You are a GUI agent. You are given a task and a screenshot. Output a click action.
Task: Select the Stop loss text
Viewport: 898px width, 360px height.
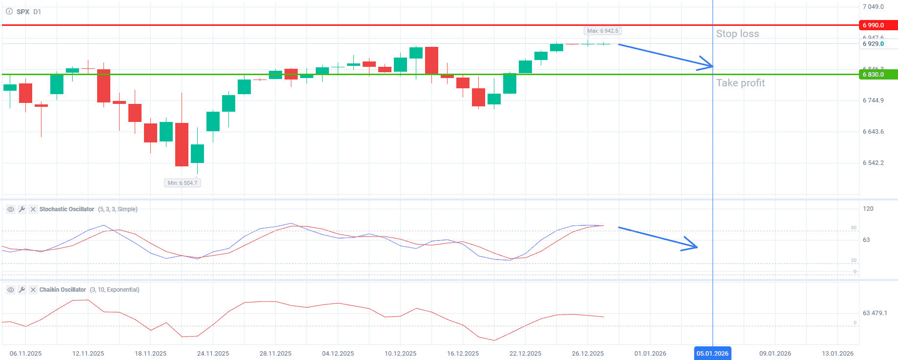click(x=737, y=34)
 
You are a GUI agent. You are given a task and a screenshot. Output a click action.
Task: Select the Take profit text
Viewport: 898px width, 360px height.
click(x=740, y=83)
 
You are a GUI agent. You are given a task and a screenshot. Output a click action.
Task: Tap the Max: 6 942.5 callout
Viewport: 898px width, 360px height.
click(x=602, y=31)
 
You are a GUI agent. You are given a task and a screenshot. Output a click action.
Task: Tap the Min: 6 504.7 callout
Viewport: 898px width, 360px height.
click(x=183, y=183)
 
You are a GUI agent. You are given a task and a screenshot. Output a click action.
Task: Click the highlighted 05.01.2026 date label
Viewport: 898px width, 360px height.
click(x=712, y=353)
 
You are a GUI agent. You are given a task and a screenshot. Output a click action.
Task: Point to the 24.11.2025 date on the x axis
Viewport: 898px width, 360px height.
click(x=213, y=353)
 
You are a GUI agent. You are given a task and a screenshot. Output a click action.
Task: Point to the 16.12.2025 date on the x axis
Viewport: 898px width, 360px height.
click(x=463, y=353)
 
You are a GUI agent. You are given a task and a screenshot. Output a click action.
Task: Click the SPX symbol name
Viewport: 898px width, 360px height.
click(x=23, y=12)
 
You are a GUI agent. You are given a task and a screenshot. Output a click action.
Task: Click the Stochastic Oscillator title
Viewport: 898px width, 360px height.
click(x=67, y=209)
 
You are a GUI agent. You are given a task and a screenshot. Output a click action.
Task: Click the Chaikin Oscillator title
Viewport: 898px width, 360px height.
click(x=62, y=290)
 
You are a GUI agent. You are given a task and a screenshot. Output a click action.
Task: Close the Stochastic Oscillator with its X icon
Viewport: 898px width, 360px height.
click(x=33, y=209)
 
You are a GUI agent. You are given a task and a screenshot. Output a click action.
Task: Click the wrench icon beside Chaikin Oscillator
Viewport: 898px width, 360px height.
click(x=22, y=290)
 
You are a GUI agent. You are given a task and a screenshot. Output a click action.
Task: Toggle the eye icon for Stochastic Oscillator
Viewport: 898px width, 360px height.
click(x=10, y=209)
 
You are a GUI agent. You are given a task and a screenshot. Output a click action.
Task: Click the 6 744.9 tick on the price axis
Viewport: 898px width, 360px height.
click(x=873, y=100)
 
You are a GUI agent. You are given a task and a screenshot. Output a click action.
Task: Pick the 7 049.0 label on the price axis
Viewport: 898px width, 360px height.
click(x=873, y=7)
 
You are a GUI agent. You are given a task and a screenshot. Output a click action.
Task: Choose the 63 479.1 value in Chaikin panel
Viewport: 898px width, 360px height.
click(x=875, y=313)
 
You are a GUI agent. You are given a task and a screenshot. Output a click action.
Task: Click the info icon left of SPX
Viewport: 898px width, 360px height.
click(x=9, y=11)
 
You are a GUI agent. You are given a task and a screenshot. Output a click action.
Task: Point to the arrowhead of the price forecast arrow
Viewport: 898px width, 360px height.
click(x=711, y=66)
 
